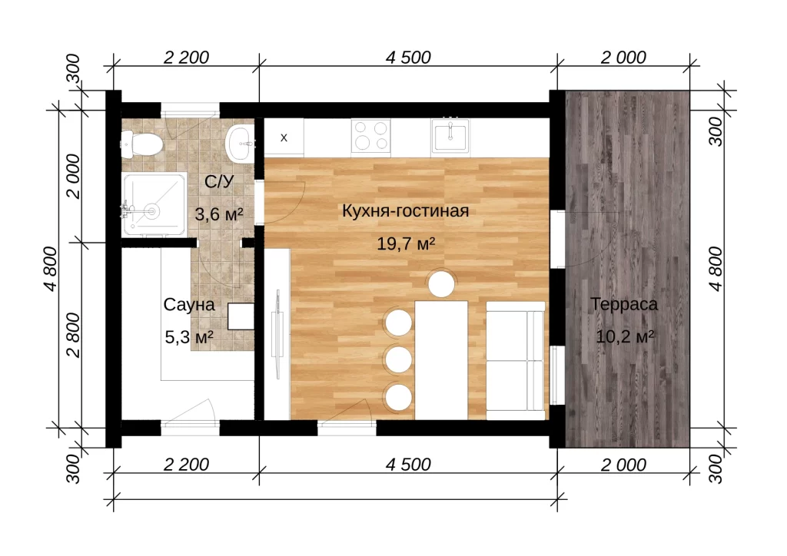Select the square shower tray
click(154, 204)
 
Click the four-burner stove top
click(371, 136)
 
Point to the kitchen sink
click(450, 135)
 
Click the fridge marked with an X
click(284, 137)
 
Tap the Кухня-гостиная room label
click(406, 211)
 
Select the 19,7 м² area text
click(406, 243)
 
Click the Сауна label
click(189, 304)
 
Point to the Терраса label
click(624, 304)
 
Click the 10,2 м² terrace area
click(624, 336)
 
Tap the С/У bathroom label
click(219, 181)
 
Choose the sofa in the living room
click(516, 360)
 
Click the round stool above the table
click(442, 284)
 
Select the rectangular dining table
click(441, 360)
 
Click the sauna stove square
click(241, 316)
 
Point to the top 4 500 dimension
click(408, 58)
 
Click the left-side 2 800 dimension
click(73, 334)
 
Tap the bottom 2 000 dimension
click(623, 465)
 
